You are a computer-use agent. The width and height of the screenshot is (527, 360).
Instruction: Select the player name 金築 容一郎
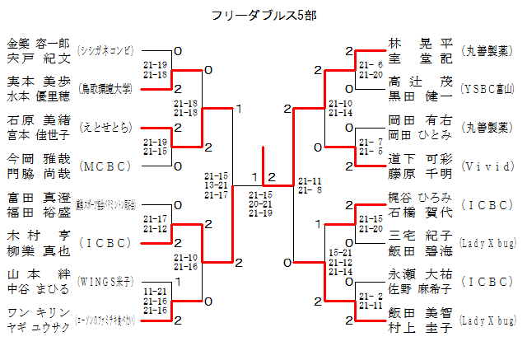pyautogui.click(x=39, y=43)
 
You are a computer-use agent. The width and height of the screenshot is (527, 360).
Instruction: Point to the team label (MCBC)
pyautogui.click(x=105, y=166)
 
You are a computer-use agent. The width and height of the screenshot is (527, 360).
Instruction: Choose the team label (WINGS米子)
pyautogui.click(x=105, y=281)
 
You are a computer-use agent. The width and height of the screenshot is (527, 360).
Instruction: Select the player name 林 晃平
pyautogui.click(x=420, y=43)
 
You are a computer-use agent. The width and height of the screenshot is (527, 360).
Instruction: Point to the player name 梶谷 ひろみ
pyautogui.click(x=420, y=197)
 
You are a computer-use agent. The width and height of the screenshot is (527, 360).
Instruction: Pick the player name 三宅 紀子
pyautogui.click(x=420, y=236)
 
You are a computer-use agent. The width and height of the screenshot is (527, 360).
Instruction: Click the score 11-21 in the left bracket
pyautogui.click(x=154, y=292)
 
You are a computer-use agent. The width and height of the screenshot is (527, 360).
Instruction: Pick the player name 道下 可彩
pyautogui.click(x=420, y=158)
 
